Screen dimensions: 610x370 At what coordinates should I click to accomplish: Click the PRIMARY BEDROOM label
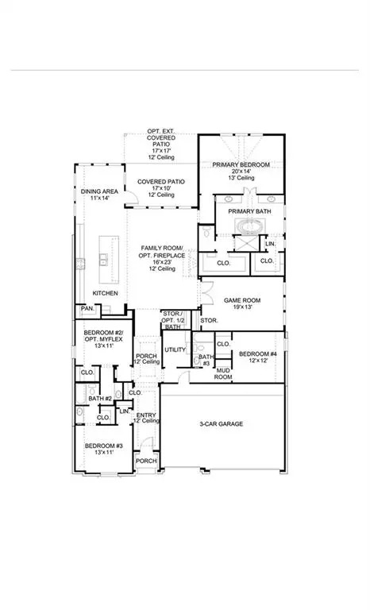click(241, 164)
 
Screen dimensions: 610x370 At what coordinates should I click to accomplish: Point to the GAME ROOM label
click(242, 300)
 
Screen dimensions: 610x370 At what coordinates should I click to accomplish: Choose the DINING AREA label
click(99, 191)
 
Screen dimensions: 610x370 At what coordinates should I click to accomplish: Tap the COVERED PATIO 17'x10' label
click(161, 182)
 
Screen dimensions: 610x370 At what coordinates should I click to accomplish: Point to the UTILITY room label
click(175, 349)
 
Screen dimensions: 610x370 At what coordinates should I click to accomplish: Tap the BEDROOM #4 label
click(256, 353)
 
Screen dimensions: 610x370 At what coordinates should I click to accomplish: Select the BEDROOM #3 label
click(103, 446)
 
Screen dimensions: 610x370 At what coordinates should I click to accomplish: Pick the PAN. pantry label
click(86, 308)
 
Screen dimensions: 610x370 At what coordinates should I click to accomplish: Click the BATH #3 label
click(205, 360)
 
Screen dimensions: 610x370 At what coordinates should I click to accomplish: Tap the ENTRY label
click(146, 415)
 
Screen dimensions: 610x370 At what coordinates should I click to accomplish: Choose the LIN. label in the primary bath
click(270, 243)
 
